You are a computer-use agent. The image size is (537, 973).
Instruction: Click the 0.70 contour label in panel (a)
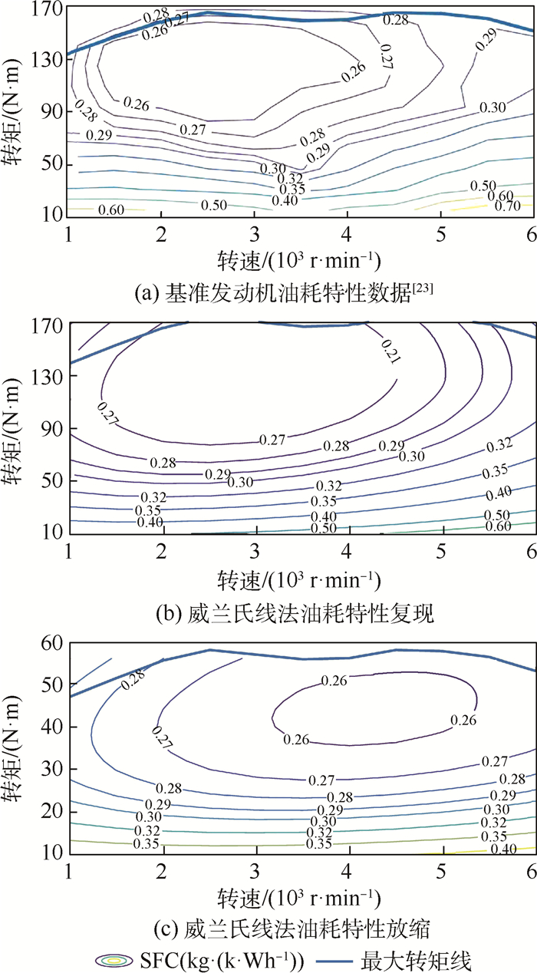pyautogui.click(x=507, y=205)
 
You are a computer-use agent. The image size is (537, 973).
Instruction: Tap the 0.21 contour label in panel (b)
pyautogui.click(x=389, y=351)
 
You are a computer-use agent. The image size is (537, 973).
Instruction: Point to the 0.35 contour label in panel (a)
pyautogui.click(x=291, y=188)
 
